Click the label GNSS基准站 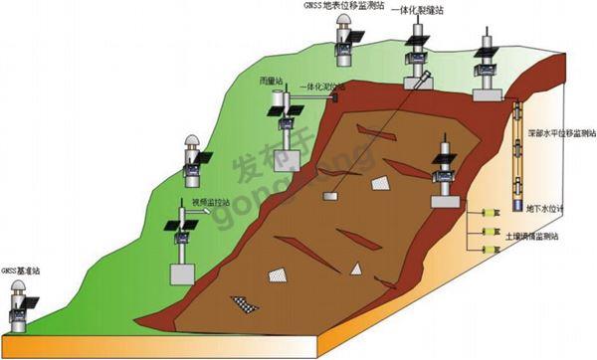pos(19,270)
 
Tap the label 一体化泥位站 pos(314,87)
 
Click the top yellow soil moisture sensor pos(487,213)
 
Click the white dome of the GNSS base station pos(18,289)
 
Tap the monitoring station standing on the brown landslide pos(444,174)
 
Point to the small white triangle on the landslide pos(355,269)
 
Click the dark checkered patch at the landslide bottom pos(244,301)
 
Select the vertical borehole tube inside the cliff pos(517,149)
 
